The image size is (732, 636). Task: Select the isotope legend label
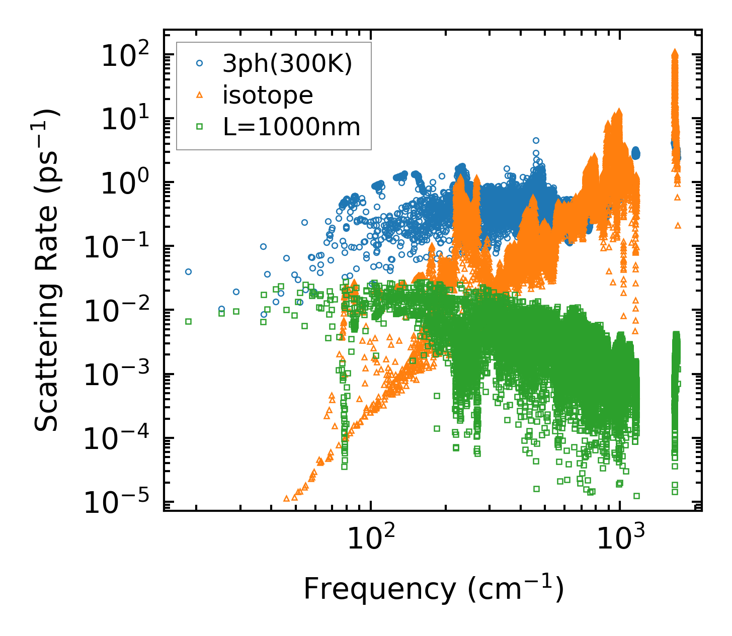(268, 95)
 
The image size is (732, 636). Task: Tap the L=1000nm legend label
(292, 127)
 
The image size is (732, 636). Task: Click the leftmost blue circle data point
(189, 272)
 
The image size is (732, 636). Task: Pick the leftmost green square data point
(189, 321)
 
